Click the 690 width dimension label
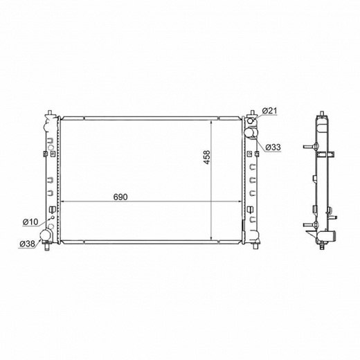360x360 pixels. pyautogui.click(x=120, y=197)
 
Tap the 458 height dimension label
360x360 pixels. pyautogui.click(x=207, y=157)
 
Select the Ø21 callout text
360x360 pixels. pyautogui.click(x=269, y=111)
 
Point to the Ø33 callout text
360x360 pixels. pyautogui.click(x=273, y=147)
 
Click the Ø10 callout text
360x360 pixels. pyautogui.click(x=30, y=222)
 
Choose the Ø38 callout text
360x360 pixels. pyautogui.click(x=27, y=244)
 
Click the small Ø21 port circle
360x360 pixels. pyautogui.click(x=251, y=121)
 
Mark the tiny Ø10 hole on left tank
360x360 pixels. pyautogui.click(x=52, y=217)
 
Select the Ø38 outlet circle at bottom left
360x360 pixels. pyautogui.click(x=45, y=235)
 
